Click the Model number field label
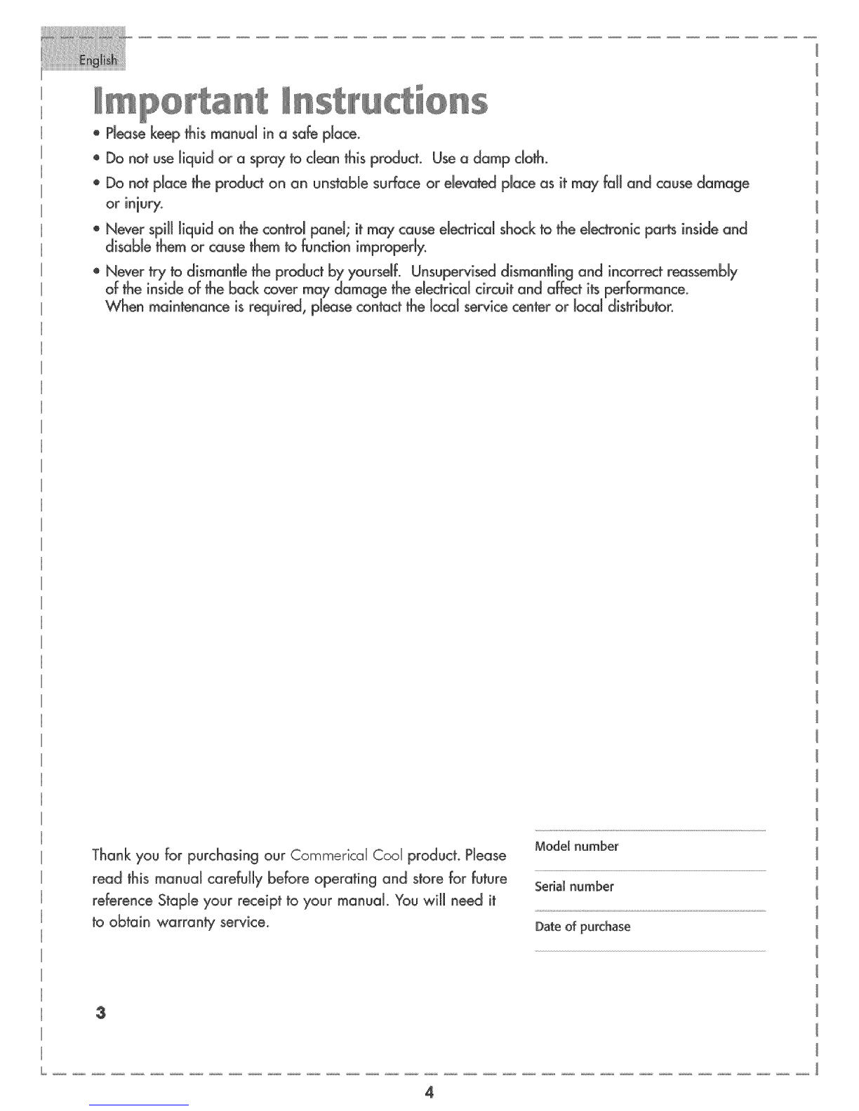click(576, 846)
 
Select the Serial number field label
click(574, 887)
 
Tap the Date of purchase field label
click(582, 927)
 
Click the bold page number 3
click(102, 1014)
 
